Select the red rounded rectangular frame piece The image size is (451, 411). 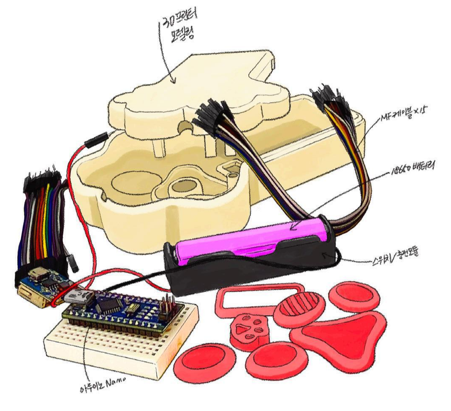point(258,300)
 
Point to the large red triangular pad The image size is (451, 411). point(342,333)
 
